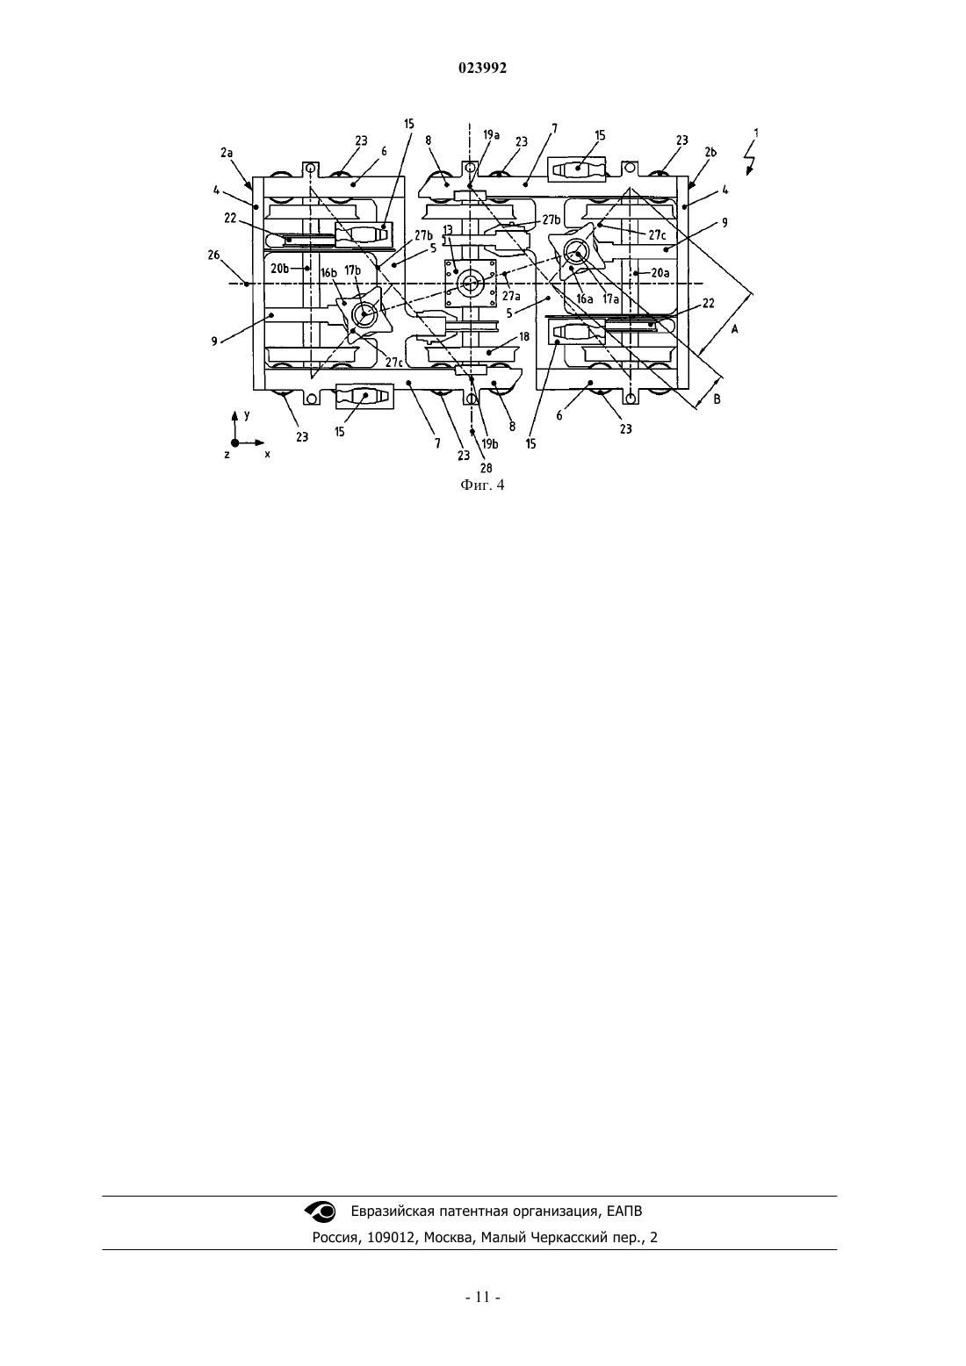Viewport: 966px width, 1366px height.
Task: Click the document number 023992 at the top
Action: coord(482,68)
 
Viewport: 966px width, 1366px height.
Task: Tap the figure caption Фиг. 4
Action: coord(482,485)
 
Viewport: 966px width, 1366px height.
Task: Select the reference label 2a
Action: coord(227,153)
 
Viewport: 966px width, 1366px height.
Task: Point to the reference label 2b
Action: coord(710,152)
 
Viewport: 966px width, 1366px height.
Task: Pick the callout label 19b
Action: coord(490,444)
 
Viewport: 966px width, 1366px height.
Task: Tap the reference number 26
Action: coord(213,255)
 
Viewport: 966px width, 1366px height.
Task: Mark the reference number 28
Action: coord(486,468)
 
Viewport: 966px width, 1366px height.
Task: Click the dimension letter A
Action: coord(735,328)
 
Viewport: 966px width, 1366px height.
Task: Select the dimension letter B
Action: coord(717,399)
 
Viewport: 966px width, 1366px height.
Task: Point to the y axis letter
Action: coord(247,414)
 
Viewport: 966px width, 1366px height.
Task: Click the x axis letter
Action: coord(267,455)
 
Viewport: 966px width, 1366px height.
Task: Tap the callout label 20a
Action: coord(660,273)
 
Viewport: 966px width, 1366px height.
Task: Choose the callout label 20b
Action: coord(280,269)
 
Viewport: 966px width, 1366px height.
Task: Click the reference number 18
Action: coord(524,336)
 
